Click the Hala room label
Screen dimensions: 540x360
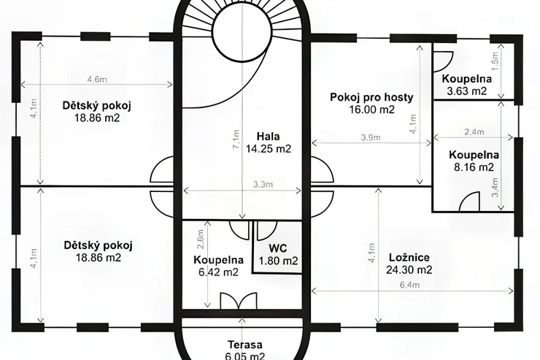(269, 137)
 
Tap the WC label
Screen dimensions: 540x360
(278, 248)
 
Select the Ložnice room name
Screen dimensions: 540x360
(409, 258)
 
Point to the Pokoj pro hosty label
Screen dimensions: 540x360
(371, 97)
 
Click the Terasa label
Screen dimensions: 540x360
(245, 345)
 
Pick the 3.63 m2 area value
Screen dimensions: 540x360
(466, 91)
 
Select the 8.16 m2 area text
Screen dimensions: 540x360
(474, 167)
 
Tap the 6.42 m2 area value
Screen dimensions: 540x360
(218, 272)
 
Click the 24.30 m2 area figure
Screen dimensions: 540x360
(409, 269)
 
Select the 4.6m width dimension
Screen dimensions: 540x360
(97, 80)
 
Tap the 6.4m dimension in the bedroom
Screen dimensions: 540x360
(409, 285)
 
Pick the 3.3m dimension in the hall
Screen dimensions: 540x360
(263, 185)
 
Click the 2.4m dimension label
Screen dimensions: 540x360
(474, 131)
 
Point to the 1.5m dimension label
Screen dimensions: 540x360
(495, 61)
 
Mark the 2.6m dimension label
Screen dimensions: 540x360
(201, 239)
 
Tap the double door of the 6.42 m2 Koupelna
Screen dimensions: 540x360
(239, 300)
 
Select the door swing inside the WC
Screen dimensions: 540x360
(267, 231)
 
